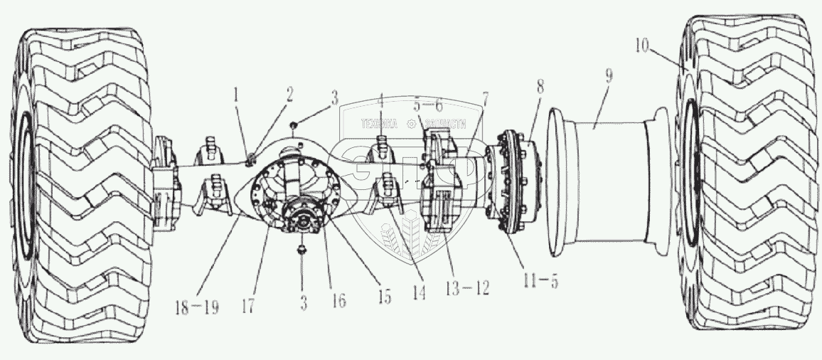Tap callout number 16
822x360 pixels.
coord(338,302)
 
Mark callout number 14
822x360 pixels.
coord(420,292)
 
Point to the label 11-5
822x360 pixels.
coord(540,280)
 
